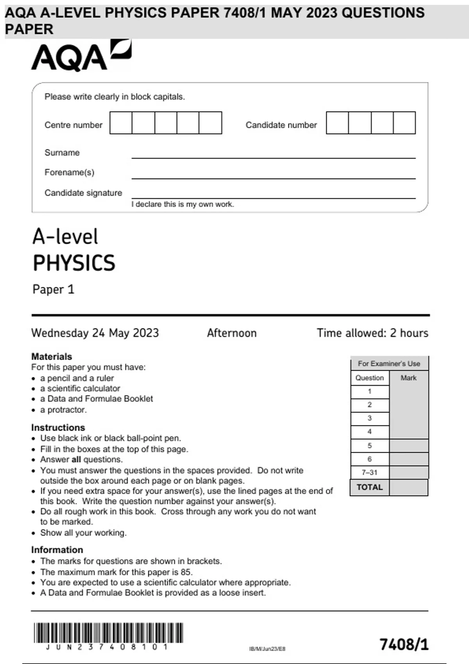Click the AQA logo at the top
pos(81,56)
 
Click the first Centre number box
pos(121,123)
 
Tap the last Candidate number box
pos(404,123)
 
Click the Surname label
pos(62,153)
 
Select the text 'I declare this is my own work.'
pos(183,204)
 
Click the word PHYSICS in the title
pos(74,263)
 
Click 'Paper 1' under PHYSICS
pos(53,289)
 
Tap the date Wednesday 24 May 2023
pos(95,333)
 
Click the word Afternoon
pos(232,333)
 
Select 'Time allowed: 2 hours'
pos(372,333)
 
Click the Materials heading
pos(52,357)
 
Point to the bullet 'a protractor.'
pos(63,410)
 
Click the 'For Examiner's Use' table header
pos(389,364)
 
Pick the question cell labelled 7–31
pos(369,473)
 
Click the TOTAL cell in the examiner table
pos(369,487)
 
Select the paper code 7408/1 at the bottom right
pos(404,644)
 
